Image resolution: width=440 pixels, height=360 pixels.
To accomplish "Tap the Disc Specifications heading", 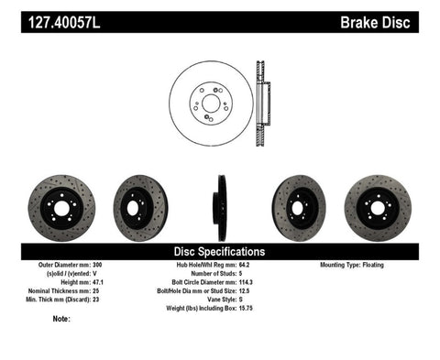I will (220, 251).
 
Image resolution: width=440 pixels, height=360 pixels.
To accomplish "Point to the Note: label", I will (62, 320).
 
